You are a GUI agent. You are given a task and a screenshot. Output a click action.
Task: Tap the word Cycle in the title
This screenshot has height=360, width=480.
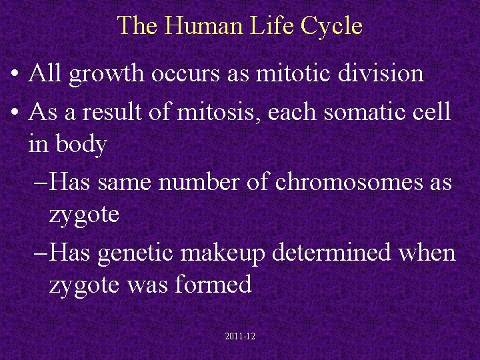coord(331,26)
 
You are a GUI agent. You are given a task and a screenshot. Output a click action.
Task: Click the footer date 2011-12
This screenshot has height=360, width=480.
coord(240,337)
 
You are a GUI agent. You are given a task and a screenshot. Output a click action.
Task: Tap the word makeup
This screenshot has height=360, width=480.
coord(232,254)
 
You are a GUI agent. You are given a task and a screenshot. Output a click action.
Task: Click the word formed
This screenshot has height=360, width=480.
coord(215,285)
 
